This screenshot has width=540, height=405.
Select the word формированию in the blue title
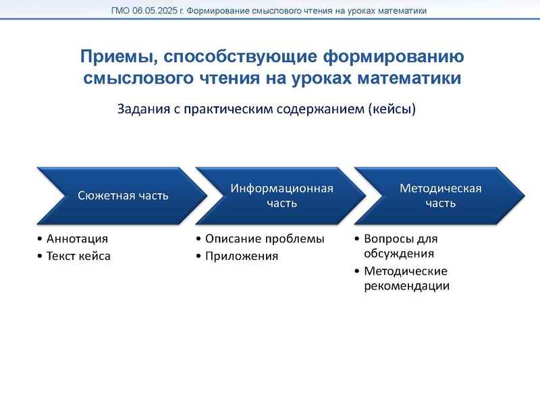coord(402,55)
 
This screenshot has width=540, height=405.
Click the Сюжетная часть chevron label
coord(123,196)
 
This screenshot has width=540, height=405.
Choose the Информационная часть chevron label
coord(282,194)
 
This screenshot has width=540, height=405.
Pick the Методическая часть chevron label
coord(441,194)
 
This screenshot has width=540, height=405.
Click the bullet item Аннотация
coord(77,238)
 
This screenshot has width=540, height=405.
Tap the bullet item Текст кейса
coord(78,256)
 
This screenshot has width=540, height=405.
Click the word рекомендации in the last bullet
coord(406,286)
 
